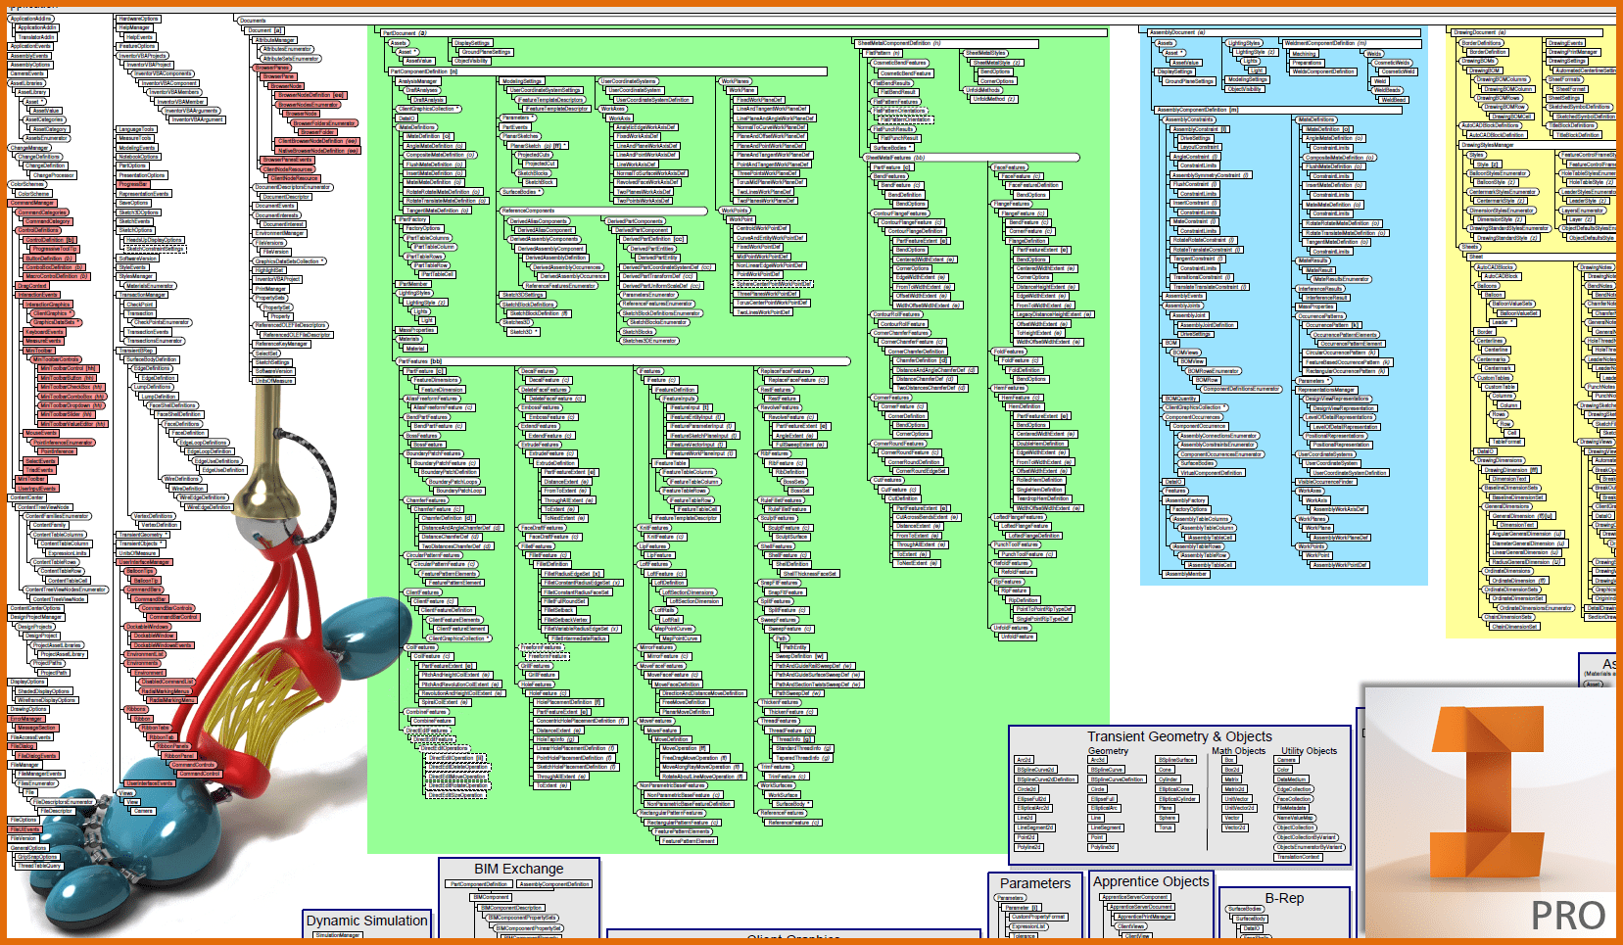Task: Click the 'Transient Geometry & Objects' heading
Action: click(x=1179, y=736)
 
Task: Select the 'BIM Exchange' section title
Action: click(x=518, y=869)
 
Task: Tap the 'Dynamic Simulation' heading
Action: click(x=366, y=921)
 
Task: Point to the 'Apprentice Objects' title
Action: click(x=1151, y=881)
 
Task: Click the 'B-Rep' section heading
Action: click(x=1284, y=898)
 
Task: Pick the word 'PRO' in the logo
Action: click(x=1567, y=916)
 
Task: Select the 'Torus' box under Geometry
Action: click(x=1166, y=827)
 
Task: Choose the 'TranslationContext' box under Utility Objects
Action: click(x=1298, y=857)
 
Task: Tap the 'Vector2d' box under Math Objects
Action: click(x=1235, y=827)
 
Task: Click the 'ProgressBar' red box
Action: click(x=132, y=184)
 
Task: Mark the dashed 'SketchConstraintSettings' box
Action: click(x=156, y=249)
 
